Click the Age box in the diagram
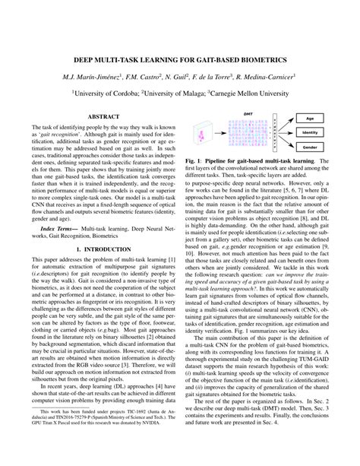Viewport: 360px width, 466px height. click(308, 119)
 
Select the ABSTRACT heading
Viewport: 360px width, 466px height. click(106, 116)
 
